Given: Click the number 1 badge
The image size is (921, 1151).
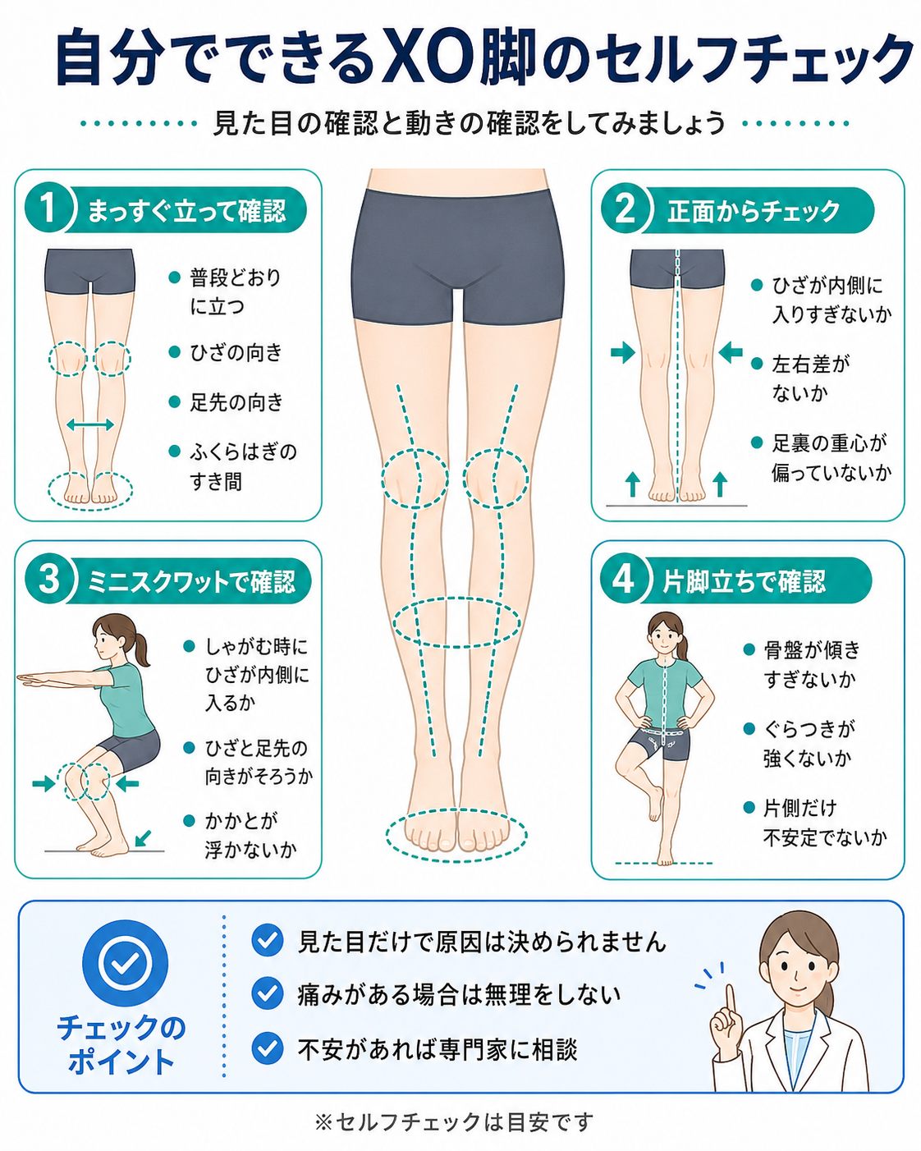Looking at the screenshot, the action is click(48, 209).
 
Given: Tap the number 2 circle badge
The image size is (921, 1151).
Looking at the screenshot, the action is click(624, 209).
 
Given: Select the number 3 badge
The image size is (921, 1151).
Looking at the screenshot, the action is click(48, 580).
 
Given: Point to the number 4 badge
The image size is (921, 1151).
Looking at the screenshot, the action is click(623, 580).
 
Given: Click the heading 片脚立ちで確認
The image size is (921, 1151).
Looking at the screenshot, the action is click(744, 581).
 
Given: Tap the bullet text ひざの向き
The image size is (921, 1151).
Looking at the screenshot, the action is click(236, 352).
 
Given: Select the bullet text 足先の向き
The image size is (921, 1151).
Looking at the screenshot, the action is click(236, 401).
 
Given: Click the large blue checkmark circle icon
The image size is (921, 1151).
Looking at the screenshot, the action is click(125, 963).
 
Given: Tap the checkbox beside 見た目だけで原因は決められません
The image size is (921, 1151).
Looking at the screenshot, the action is click(268, 940).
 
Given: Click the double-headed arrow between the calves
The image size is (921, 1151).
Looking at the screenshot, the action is click(89, 425).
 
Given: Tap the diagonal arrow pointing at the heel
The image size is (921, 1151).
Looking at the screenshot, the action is click(143, 838).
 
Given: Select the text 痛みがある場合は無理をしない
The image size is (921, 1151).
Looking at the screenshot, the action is click(459, 994).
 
